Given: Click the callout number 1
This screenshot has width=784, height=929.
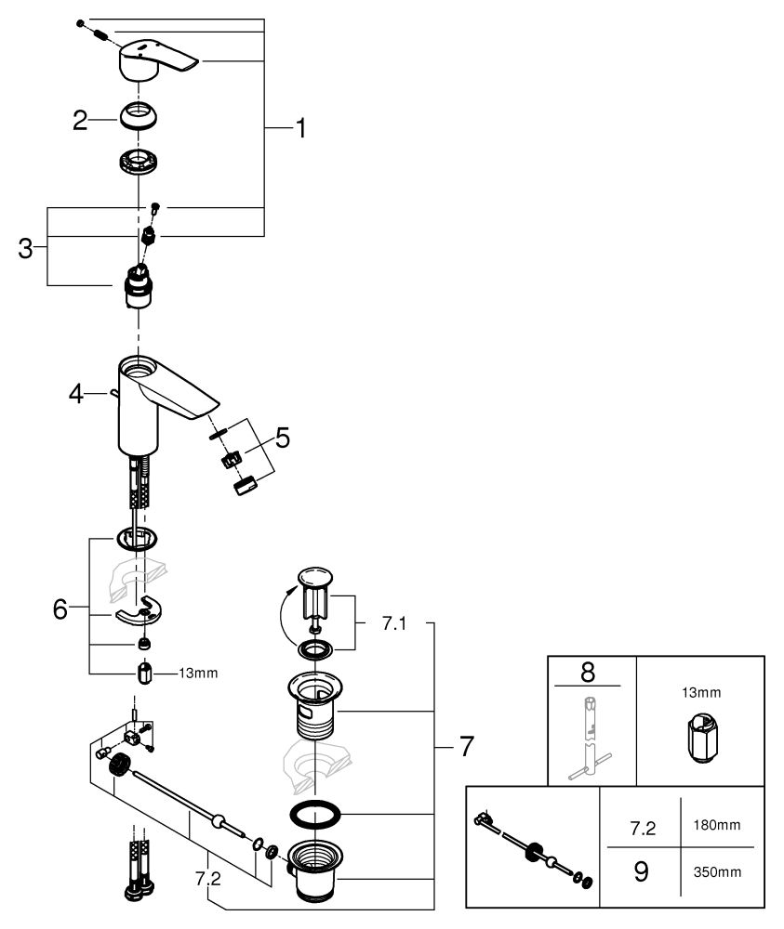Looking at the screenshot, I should (299, 128).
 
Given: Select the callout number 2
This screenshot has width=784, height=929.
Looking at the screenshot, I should (81, 120).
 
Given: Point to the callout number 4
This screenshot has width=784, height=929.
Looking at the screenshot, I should (75, 395).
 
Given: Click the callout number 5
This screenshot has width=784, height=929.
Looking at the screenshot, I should (282, 437).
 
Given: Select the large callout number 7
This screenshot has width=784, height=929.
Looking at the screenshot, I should (465, 746).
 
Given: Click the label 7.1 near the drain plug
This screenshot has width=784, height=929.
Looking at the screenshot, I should (394, 624).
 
